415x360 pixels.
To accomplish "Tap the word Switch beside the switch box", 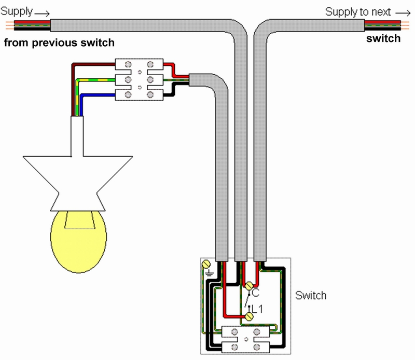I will (x=311, y=296).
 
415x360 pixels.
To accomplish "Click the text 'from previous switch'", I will (x=59, y=43).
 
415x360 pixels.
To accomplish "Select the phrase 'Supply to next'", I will (x=357, y=11).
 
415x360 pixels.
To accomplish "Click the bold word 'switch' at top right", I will (x=384, y=38).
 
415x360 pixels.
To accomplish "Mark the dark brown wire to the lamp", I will (x=93, y=64).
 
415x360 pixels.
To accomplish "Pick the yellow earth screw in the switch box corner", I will (x=206, y=264).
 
